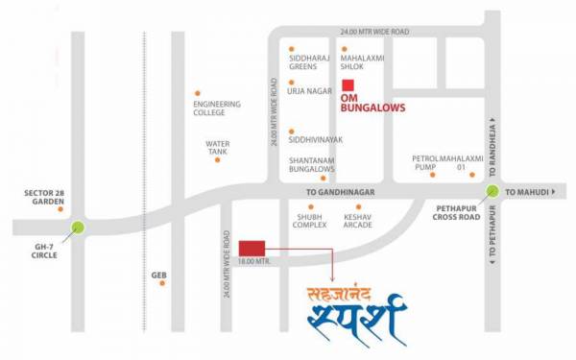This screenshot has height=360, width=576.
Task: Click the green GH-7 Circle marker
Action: coord(77,228)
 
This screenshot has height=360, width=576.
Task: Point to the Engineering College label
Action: coord(217,108)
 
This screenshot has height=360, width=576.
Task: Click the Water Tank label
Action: coord(218,148)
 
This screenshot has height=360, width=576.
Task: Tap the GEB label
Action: coord(159,276)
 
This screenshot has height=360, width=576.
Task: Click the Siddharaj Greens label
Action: coord(308,60)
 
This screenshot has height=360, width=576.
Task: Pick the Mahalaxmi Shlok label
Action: coord(364,60)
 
